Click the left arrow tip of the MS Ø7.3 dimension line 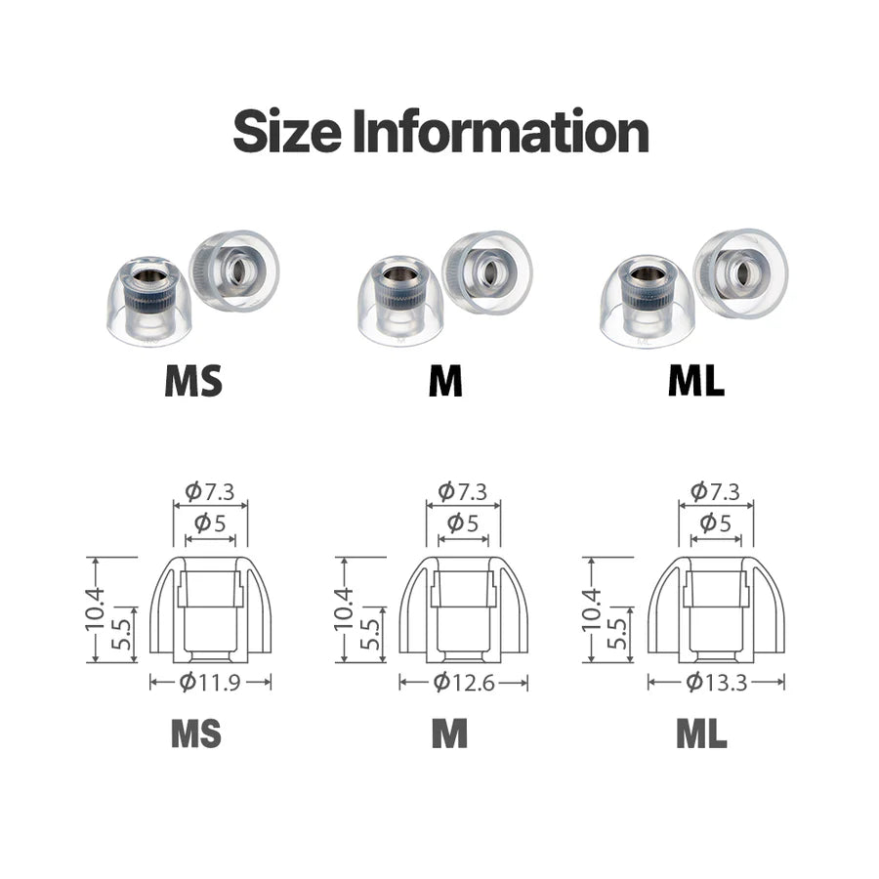(x=174, y=506)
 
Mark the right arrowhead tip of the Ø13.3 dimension (x=783, y=683)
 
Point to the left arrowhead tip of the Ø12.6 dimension (x=399, y=683)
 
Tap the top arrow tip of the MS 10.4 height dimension (x=96, y=558)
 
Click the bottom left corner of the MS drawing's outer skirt (x=150, y=652)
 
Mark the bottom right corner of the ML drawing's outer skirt (x=783, y=652)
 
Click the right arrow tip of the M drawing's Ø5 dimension (x=488, y=539)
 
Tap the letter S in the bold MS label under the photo (x=210, y=381)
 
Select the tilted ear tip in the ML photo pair (x=740, y=273)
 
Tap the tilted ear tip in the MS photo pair (x=234, y=271)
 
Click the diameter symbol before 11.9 (x=188, y=683)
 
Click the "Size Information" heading (x=440, y=131)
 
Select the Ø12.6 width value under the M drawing (x=464, y=683)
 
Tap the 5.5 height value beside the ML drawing (x=616, y=634)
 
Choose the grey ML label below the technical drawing (x=701, y=733)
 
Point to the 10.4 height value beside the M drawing (x=344, y=608)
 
